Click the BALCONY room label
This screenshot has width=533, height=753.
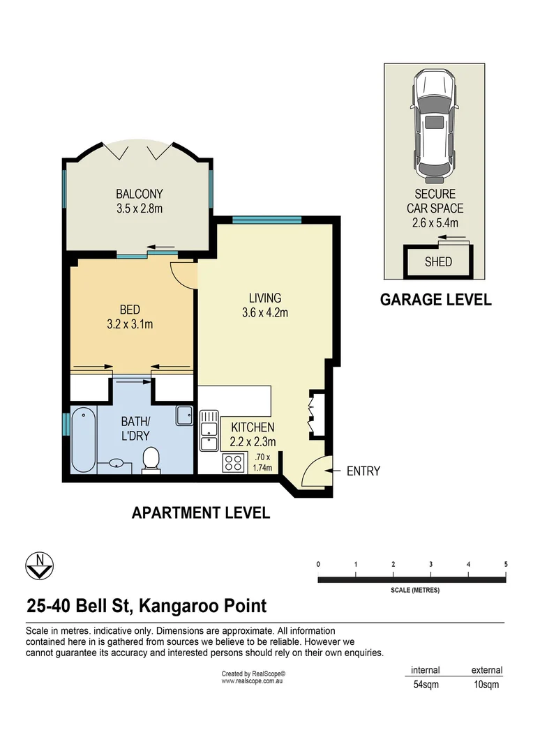click(x=139, y=195)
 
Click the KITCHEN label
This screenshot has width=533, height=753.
click(x=253, y=427)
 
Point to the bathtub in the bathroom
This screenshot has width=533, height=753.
click(x=82, y=440)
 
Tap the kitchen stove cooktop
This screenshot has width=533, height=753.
click(x=233, y=462)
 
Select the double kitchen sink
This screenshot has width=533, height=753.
click(x=209, y=432)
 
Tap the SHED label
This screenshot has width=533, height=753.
click(x=438, y=262)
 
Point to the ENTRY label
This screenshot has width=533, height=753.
click(x=363, y=471)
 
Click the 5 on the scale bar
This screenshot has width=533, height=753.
click(x=506, y=564)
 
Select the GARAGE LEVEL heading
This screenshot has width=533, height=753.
click(x=435, y=300)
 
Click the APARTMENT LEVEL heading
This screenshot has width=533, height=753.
click(x=201, y=514)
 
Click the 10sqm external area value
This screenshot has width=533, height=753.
click(x=486, y=685)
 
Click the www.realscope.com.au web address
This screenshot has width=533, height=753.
click(x=252, y=681)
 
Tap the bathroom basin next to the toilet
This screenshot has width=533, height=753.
click(x=116, y=463)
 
